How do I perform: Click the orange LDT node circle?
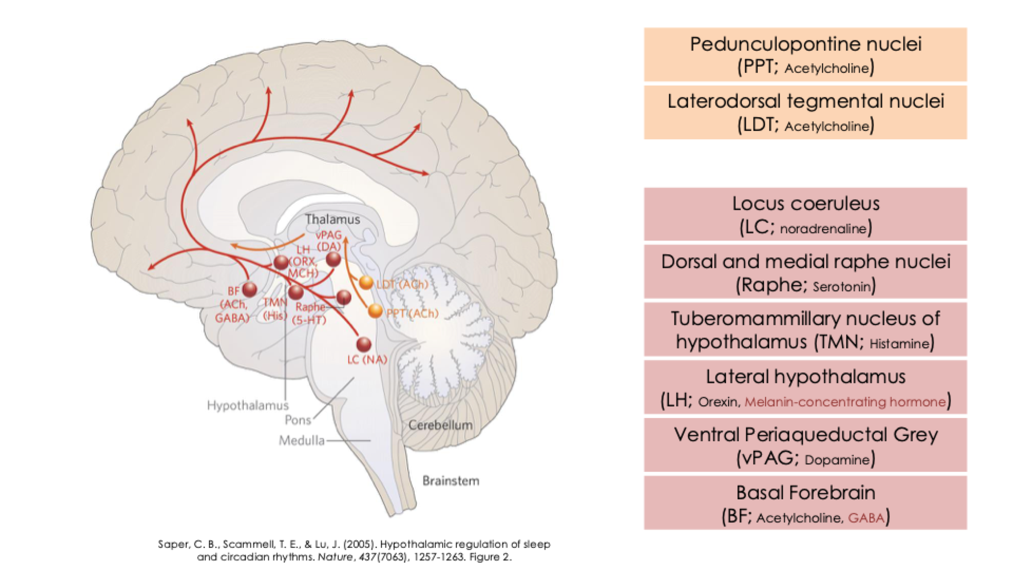pyautogui.click(x=366, y=283)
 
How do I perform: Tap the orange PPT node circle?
pyautogui.click(x=375, y=311)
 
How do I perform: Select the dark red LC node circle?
pyautogui.click(x=364, y=344)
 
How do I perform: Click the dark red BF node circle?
pyautogui.click(x=249, y=289)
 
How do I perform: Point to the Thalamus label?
pyautogui.click(x=332, y=219)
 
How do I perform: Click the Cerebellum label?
pyautogui.click(x=441, y=425)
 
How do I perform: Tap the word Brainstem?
pyautogui.click(x=451, y=481)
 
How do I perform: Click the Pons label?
pyautogui.click(x=298, y=420)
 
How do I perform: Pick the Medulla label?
pyautogui.click(x=302, y=440)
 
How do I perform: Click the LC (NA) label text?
pyautogui.click(x=367, y=360)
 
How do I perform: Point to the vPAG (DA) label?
pyautogui.click(x=329, y=241)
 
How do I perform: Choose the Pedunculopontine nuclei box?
pyautogui.click(x=805, y=55)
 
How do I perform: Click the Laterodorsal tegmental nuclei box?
pyautogui.click(x=805, y=112)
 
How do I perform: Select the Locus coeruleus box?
pyautogui.click(x=805, y=214)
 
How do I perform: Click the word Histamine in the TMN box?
pyautogui.click(x=899, y=344)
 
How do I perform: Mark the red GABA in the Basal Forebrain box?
pyautogui.click(x=866, y=518)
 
